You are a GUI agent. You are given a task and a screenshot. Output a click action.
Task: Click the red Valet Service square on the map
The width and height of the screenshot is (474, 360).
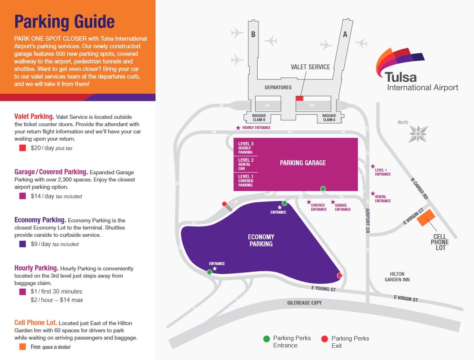[x=299, y=98]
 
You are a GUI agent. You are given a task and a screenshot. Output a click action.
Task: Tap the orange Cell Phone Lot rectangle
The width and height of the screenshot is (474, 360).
[x=426, y=219]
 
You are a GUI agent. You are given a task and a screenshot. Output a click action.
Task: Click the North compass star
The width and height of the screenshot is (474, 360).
[x=418, y=133]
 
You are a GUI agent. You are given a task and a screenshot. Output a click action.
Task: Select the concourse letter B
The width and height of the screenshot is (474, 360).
[x=253, y=34]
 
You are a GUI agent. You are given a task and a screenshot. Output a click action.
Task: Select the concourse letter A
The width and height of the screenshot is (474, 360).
[x=345, y=34]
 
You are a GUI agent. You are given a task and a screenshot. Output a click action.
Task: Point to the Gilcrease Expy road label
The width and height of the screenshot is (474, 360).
[x=304, y=303]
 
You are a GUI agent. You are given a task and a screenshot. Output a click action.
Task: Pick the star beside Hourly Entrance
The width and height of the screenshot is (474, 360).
[x=238, y=128]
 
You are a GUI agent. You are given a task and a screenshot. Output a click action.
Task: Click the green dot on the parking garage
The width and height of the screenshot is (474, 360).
[x=323, y=189]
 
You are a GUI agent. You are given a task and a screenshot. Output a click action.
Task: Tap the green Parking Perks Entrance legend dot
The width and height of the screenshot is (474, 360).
[x=267, y=339]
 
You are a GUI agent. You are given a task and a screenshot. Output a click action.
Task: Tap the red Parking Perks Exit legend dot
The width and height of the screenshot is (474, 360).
[x=325, y=339]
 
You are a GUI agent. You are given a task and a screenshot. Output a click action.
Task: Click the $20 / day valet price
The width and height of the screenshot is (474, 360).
[x=43, y=148]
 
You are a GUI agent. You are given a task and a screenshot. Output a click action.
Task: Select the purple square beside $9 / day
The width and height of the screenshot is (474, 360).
[x=23, y=244]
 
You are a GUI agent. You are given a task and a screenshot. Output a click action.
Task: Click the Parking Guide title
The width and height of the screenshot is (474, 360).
[x=64, y=21]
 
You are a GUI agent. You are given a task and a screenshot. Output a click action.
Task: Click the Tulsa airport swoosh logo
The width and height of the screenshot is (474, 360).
[x=399, y=61]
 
